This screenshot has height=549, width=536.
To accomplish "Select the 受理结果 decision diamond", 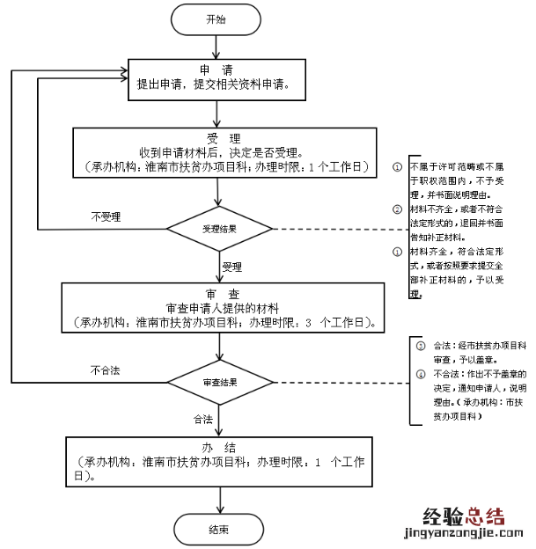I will [219, 228].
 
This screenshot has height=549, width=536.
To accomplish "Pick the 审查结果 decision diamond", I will [219, 384].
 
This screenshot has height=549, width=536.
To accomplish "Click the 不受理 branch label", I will [106, 216].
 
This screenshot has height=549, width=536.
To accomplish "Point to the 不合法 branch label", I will [105, 370].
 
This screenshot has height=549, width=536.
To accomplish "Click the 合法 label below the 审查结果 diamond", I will [203, 419].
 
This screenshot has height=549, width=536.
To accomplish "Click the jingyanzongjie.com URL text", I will [463, 533].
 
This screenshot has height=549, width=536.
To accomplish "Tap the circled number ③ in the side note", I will [420, 346].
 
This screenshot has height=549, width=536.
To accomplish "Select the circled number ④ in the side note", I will [420, 372].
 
